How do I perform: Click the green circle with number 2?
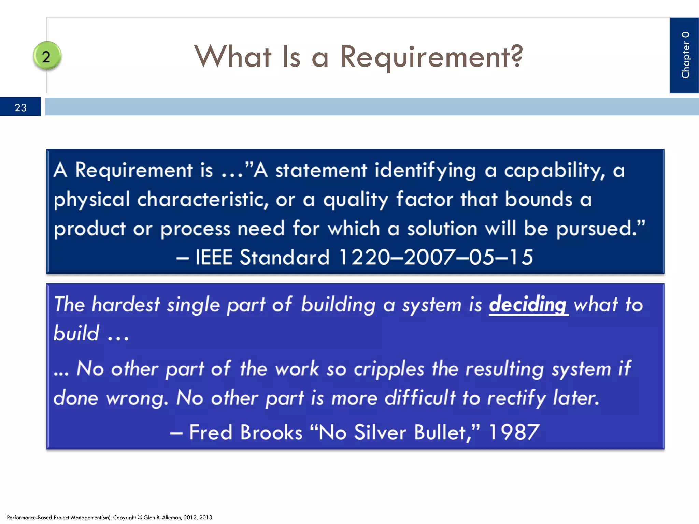(x=47, y=56)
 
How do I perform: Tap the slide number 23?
(x=20, y=107)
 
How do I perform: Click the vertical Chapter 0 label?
(x=685, y=55)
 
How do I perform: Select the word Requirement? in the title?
(x=432, y=57)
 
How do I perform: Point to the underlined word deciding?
(x=528, y=304)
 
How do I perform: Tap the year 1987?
(x=514, y=432)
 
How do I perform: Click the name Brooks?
(x=271, y=432)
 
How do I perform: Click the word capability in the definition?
(x=554, y=170)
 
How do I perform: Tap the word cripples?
(x=389, y=369)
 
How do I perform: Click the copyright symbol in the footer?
(x=140, y=517)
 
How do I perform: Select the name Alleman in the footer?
(x=172, y=517)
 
